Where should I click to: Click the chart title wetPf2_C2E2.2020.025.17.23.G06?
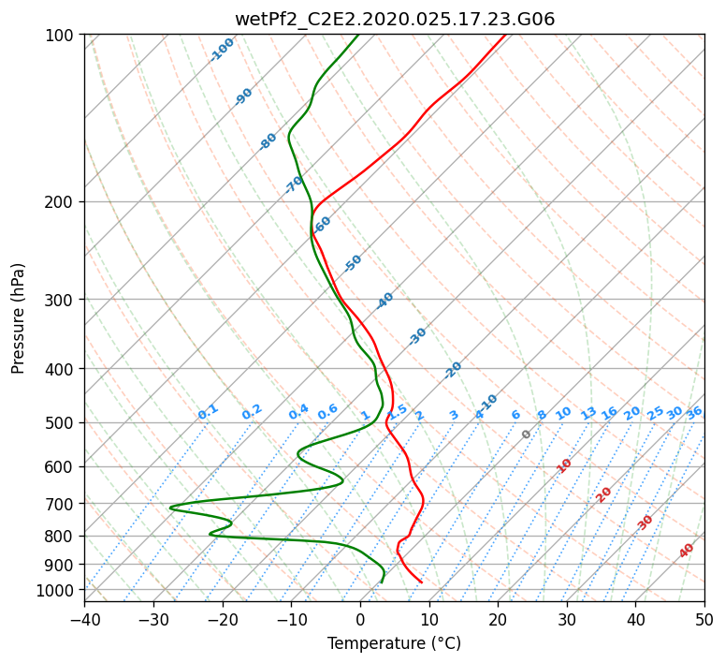pos(395,19)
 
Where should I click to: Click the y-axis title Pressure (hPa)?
pos(17,318)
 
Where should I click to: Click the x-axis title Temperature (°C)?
pos(395,643)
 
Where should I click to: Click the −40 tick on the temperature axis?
pos(84,619)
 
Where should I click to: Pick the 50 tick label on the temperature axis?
pos(704,619)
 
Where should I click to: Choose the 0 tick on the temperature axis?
pos(360,619)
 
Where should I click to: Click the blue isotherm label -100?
pos(222,50)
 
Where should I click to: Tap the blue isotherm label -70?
pos(294,184)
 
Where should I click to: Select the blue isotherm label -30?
pos(417,336)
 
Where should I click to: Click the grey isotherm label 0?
pos(526,435)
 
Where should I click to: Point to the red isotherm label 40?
pos(686,551)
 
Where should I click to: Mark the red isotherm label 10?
pos(564,465)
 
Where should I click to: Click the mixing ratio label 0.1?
pos(208,412)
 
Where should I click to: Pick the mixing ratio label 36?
pos(694,413)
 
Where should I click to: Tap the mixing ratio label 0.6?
pos(327,412)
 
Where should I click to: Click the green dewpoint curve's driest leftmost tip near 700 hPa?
pos(170,508)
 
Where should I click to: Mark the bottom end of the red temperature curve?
pos(422,582)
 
